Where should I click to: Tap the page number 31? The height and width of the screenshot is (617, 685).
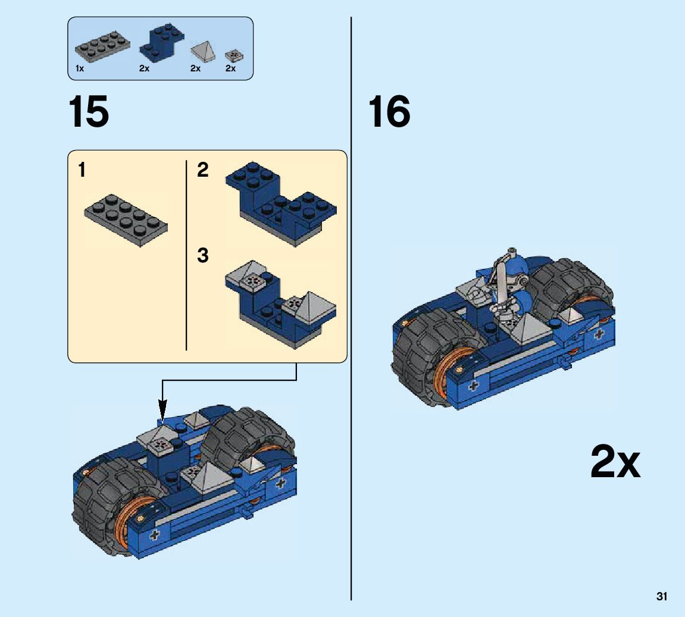[x=661, y=597]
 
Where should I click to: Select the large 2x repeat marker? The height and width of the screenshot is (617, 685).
[x=615, y=462]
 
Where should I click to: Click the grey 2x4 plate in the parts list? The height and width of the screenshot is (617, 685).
[x=103, y=47]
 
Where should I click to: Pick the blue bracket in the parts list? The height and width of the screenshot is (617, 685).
[x=161, y=42]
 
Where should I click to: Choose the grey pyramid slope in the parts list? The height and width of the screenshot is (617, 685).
[x=203, y=52]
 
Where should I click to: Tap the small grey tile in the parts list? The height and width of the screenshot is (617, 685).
[x=234, y=56]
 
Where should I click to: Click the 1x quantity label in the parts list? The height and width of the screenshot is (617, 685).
[x=80, y=68]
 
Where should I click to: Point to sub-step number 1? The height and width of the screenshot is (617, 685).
[x=82, y=170]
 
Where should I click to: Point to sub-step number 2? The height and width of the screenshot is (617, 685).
[x=203, y=170]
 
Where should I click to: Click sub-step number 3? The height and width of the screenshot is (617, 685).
[x=203, y=255]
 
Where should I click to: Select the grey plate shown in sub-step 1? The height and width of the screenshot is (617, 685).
[x=126, y=221]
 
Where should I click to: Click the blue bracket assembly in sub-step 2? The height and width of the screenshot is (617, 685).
[x=281, y=203]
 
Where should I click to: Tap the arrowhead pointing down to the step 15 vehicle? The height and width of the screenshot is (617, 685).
[x=162, y=411]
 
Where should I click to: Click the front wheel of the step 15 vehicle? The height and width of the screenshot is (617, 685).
[x=115, y=506]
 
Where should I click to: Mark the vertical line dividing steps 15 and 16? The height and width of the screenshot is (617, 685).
[x=351, y=308]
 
